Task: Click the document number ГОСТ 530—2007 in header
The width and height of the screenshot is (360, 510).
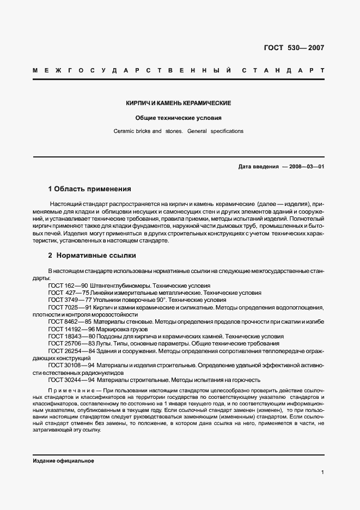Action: point(294,47)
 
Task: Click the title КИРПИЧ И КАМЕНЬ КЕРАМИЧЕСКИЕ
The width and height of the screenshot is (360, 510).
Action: point(179,103)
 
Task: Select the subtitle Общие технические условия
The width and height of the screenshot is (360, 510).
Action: point(179,118)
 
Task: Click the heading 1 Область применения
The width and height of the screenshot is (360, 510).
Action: point(89,190)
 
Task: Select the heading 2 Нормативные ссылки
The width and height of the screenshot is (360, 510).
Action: point(92,255)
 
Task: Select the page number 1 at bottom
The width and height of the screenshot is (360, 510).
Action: point(323,472)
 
